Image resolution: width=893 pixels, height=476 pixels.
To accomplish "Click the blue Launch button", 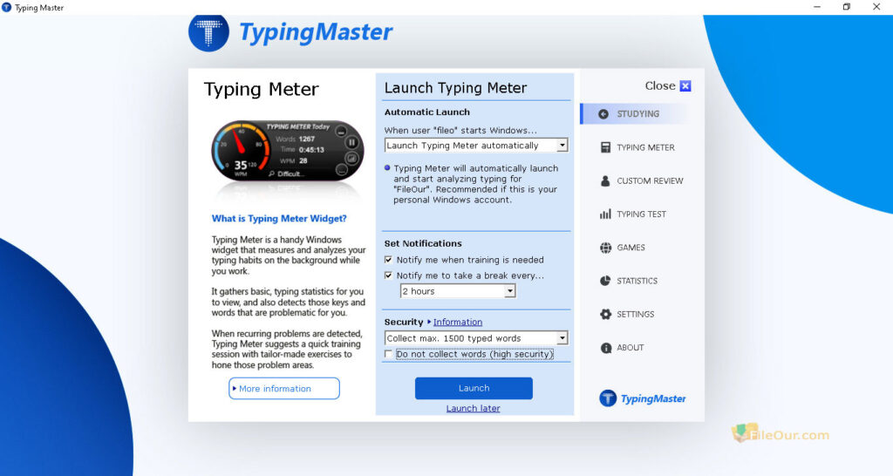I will tap(474, 388).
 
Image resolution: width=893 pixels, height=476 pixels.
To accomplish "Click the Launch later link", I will tap(473, 408).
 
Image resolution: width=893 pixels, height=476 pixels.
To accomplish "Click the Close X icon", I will tap(685, 86).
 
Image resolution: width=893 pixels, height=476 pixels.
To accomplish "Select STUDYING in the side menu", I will tap(637, 114).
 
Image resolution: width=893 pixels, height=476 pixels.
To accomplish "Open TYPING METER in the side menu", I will tap(644, 147).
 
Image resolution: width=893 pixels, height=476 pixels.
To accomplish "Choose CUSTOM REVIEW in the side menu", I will tap(650, 180).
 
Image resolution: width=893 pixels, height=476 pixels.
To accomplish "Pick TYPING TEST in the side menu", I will tap(641, 214).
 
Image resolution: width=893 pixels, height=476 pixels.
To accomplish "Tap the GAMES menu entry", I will tap(631, 248).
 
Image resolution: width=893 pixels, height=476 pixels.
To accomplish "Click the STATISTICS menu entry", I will tap(637, 281).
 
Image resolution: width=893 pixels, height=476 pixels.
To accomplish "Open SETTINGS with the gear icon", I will tap(635, 314).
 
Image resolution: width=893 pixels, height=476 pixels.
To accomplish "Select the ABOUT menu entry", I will tap(630, 348).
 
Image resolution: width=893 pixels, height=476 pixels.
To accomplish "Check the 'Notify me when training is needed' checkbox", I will tap(389, 260).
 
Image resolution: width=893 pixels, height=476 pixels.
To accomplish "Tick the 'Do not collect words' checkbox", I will tap(389, 354).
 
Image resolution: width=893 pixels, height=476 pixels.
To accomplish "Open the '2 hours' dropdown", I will tap(458, 291).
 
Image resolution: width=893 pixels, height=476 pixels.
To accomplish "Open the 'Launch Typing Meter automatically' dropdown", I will tap(476, 146).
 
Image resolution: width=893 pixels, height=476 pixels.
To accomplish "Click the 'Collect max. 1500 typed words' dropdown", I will tap(476, 338).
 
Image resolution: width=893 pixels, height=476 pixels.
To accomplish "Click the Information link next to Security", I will tap(458, 323).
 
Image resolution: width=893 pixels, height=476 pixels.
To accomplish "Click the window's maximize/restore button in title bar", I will tap(846, 7).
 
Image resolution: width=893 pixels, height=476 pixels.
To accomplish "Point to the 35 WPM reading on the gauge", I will tap(242, 163).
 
